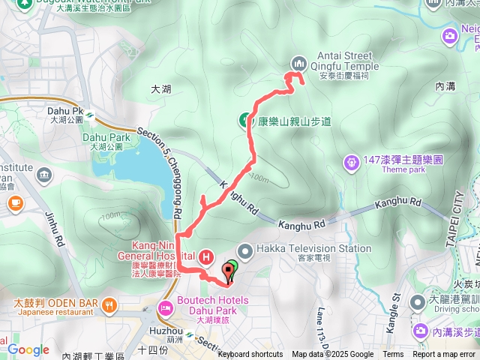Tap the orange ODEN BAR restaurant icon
110,304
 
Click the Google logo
28,349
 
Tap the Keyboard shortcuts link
250,355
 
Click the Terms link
393,355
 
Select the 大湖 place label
161,88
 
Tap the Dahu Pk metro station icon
89,115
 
